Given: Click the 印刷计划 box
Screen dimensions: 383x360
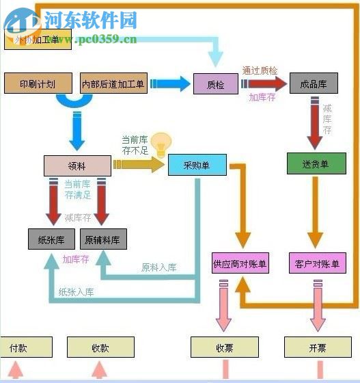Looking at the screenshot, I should click(38, 83).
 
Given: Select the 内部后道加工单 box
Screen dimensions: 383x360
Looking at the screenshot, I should click(113, 83).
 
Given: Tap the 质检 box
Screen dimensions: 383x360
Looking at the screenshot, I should click(215, 84).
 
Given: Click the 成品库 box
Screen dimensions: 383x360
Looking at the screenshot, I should click(314, 84).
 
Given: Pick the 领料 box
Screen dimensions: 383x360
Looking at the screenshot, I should click(77, 166).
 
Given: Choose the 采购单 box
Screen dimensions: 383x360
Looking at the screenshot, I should click(197, 165).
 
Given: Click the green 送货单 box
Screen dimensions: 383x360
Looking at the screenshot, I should click(315, 164).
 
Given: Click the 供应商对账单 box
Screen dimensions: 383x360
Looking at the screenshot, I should click(240, 263).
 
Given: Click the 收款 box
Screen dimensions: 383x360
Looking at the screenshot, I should click(100, 347).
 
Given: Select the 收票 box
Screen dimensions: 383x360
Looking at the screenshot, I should click(225, 347).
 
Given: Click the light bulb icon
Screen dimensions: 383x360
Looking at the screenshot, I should click(160, 144).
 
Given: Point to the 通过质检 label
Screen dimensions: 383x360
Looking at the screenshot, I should click(260, 70).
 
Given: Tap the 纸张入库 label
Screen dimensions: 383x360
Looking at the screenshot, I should click(77, 292).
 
